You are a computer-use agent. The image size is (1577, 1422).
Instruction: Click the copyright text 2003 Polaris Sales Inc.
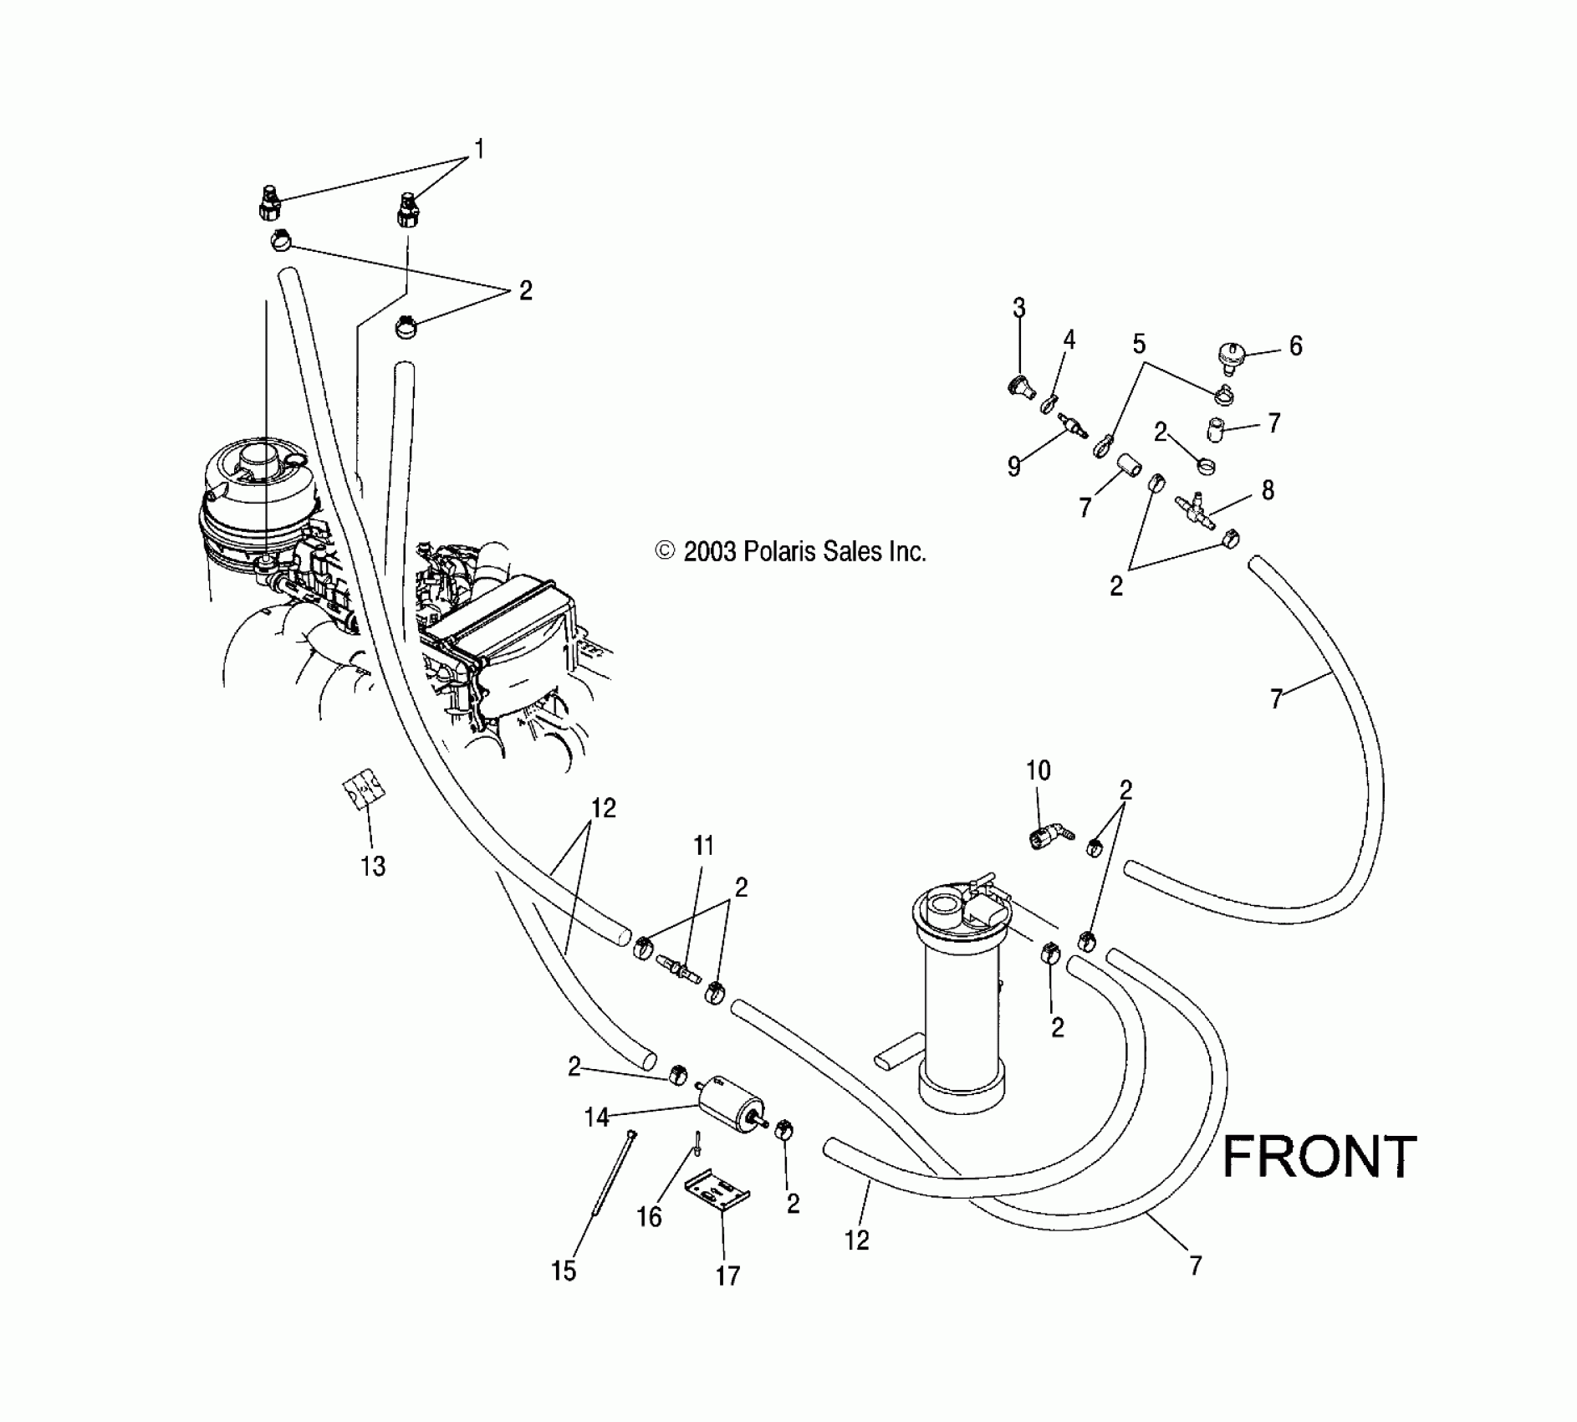tap(791, 551)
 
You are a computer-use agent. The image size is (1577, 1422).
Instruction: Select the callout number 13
tap(373, 866)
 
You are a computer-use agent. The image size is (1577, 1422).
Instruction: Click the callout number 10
tap(1038, 770)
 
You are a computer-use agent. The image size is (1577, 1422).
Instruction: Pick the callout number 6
tap(1295, 345)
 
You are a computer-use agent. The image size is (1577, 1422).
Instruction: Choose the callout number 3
tap(1018, 308)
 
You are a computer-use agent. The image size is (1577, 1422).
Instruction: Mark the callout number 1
tap(479, 149)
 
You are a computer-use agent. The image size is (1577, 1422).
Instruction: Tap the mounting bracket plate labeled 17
tap(717, 1188)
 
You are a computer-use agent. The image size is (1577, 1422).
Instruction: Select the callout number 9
tap(1014, 466)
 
